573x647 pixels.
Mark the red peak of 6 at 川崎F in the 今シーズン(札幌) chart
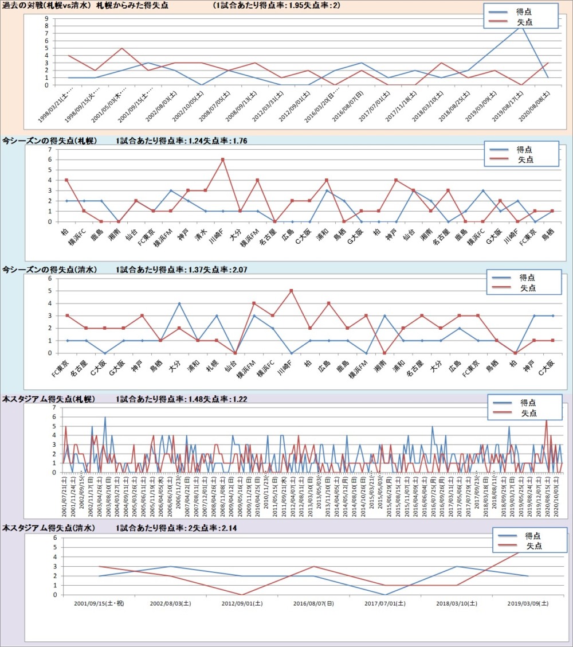[222, 159]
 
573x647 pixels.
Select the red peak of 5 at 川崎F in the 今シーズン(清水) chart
[291, 290]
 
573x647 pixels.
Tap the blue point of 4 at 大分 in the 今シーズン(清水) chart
[179, 303]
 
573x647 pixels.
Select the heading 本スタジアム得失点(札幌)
[49, 398]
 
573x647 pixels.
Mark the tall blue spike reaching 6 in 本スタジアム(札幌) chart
[105, 417]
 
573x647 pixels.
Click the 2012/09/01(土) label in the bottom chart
[242, 603]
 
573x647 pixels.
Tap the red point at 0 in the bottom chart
[242, 595]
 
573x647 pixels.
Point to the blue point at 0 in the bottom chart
[385, 595]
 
